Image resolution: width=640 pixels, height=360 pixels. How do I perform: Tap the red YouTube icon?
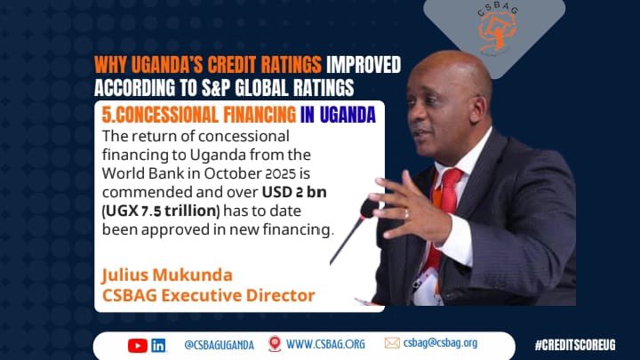pos(137,345)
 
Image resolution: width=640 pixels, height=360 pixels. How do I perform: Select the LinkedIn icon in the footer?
pos(159,345)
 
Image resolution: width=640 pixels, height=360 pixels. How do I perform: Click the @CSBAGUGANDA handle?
pos(219,345)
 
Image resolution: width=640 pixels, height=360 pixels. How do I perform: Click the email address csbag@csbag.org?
pos(440,344)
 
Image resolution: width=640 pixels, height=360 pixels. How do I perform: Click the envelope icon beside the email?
pos(392,344)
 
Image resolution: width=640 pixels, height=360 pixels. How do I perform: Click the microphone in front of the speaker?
pos(364,213)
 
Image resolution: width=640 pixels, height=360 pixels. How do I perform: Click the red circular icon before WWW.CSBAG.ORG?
pos(275,344)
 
